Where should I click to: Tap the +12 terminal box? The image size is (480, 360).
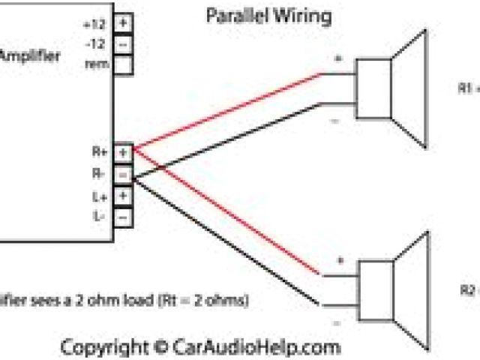(124, 22)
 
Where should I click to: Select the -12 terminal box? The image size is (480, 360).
(124, 43)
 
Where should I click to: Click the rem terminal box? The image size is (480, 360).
(124, 64)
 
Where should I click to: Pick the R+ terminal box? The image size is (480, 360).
(124, 151)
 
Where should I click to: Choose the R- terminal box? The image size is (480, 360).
(124, 173)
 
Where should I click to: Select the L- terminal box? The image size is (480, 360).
(124, 216)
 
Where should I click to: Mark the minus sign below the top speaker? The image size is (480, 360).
(336, 120)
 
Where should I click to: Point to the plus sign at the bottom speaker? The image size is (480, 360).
(339, 260)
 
